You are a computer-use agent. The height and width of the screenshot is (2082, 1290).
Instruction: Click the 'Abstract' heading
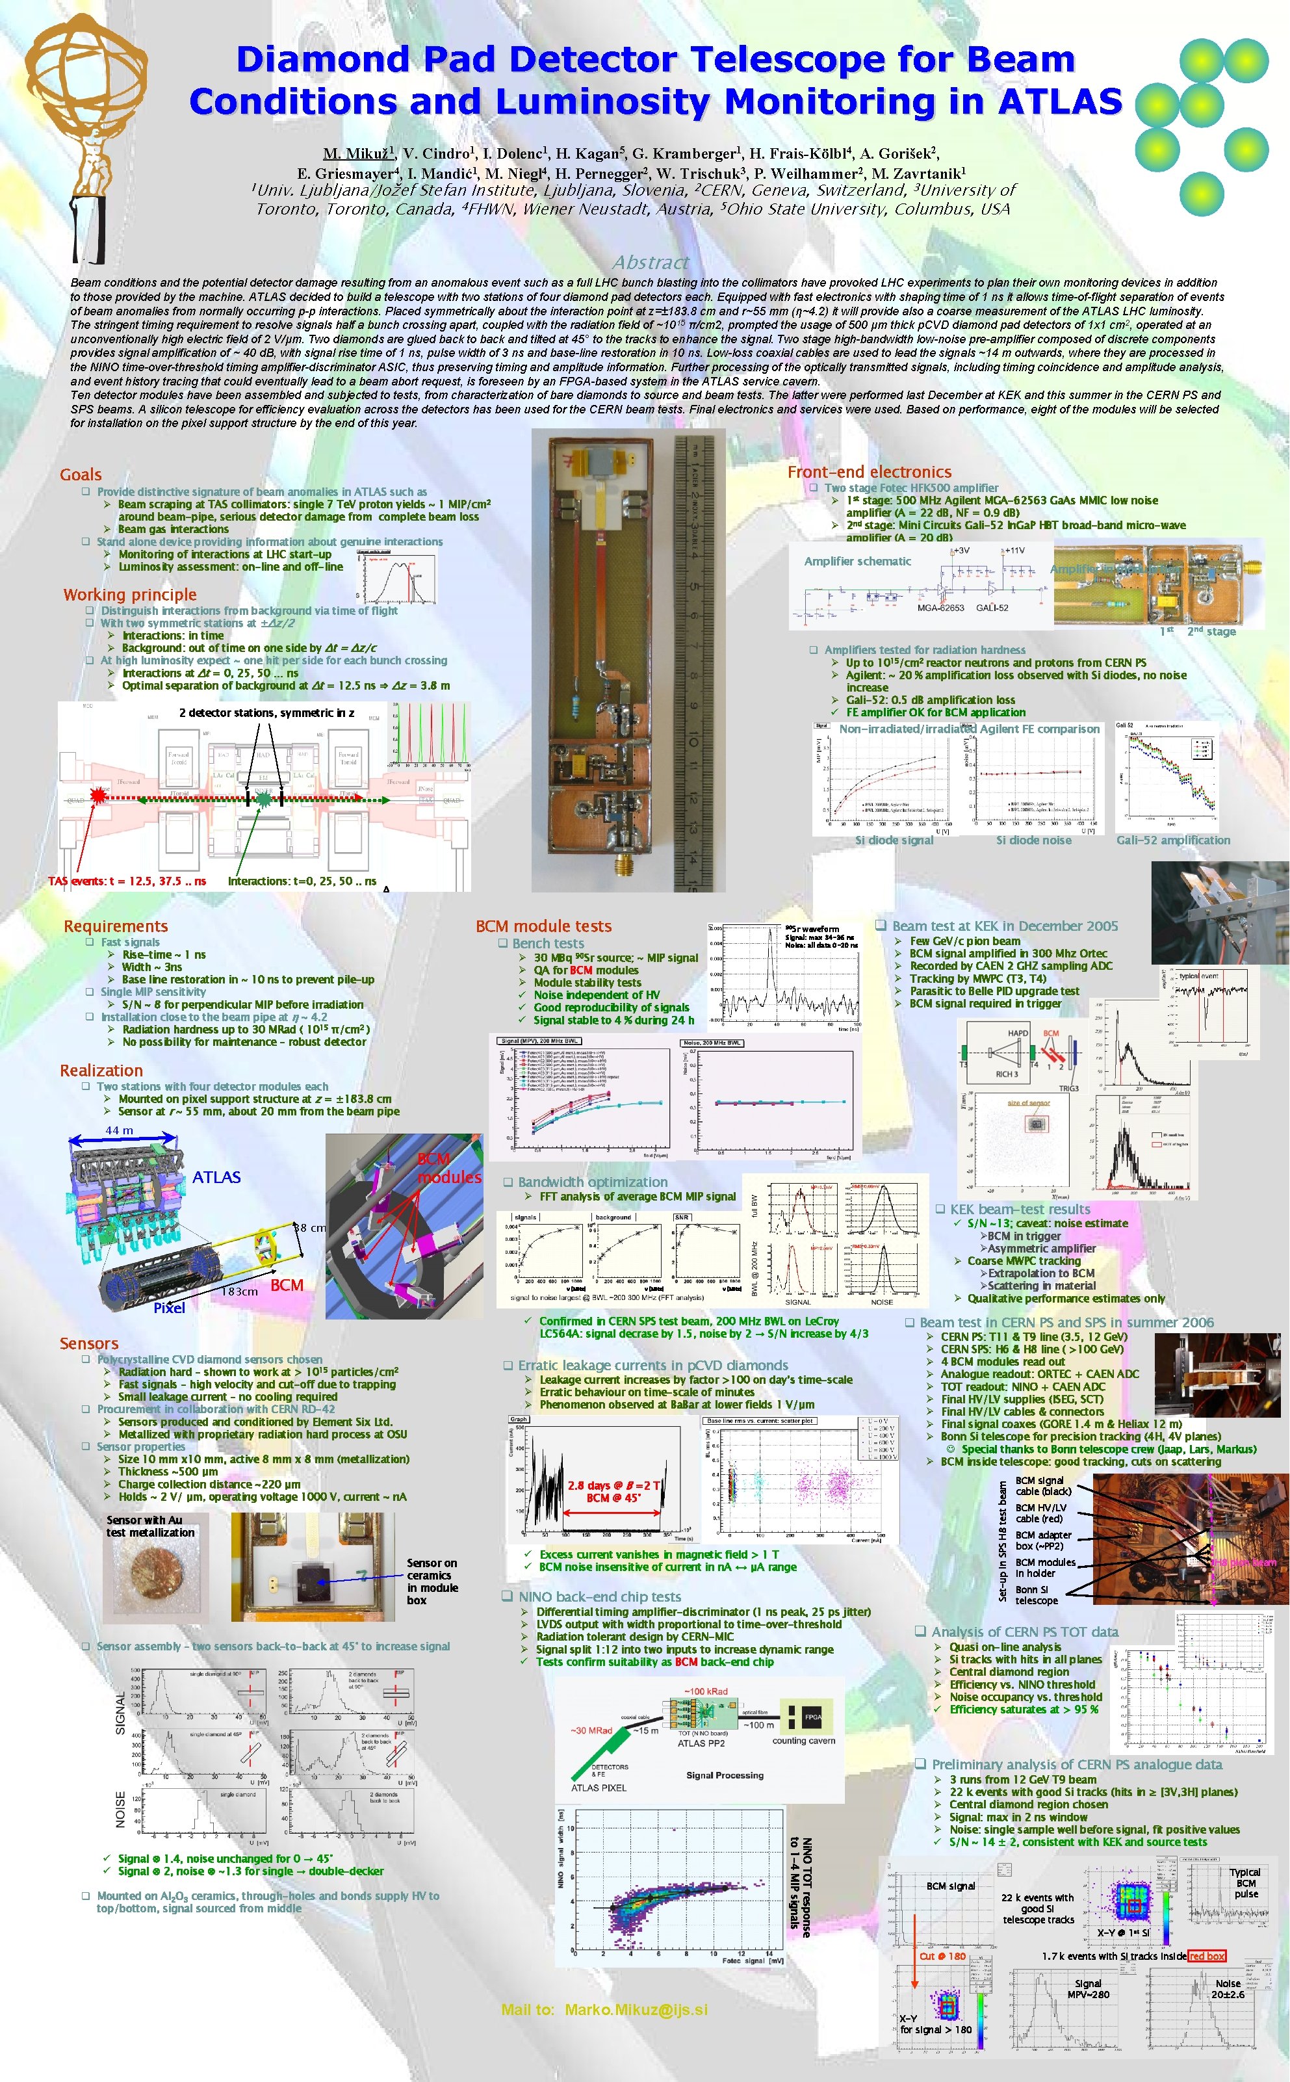[650, 262]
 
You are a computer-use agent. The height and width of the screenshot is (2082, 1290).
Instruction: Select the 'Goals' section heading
[80, 475]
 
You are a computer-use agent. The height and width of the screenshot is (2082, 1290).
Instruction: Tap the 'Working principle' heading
[130, 595]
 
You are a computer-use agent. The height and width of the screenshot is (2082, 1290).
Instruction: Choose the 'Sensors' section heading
[89, 1343]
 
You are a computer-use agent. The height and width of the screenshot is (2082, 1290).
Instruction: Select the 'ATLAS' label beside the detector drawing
[216, 1178]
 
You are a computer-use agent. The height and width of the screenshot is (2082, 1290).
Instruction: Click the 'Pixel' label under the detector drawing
[169, 1308]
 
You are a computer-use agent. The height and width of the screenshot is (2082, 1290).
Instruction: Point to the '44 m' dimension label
[120, 1130]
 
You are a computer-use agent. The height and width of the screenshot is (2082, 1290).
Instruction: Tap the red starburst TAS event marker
[99, 797]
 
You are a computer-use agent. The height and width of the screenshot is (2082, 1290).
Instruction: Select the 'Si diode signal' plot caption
[894, 840]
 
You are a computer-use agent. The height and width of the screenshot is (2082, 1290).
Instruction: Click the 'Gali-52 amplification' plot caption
[1173, 840]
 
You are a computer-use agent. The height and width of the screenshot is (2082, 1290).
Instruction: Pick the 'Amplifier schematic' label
[857, 562]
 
